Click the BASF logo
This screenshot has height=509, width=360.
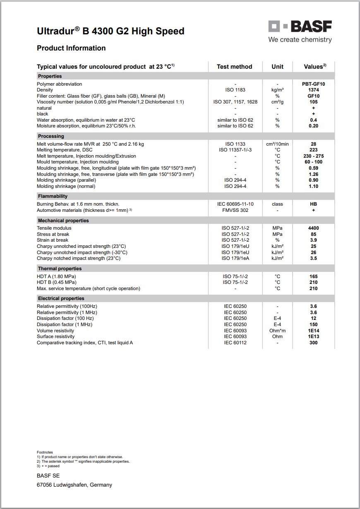tap(300, 27)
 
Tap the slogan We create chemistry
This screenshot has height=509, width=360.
tap(300, 40)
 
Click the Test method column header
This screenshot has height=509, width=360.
tap(234, 67)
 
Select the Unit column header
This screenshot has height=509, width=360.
tap(277, 67)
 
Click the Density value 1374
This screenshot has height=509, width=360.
tap(313, 90)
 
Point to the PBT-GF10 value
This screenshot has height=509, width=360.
tap(313, 84)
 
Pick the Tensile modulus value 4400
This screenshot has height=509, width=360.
tap(313, 228)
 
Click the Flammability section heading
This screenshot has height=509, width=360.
tap(53, 196)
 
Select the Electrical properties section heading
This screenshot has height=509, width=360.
tap(61, 298)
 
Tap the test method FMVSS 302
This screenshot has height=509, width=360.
tap(235, 210)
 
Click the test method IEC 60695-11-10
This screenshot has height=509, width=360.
tap(235, 204)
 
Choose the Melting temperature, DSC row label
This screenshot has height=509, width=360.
tap(65, 150)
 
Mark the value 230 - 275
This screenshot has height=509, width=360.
tap(313, 156)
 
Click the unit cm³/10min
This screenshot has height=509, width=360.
tap(277, 144)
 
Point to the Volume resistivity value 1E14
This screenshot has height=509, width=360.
tap(313, 331)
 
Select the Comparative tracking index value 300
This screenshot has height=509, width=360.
tap(313, 343)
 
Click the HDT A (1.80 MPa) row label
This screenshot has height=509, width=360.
tap(56, 276)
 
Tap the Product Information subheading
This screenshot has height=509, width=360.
tap(71, 48)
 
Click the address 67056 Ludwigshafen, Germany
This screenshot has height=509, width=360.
tap(74, 485)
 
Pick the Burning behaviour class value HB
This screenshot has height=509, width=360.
tap(313, 204)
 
